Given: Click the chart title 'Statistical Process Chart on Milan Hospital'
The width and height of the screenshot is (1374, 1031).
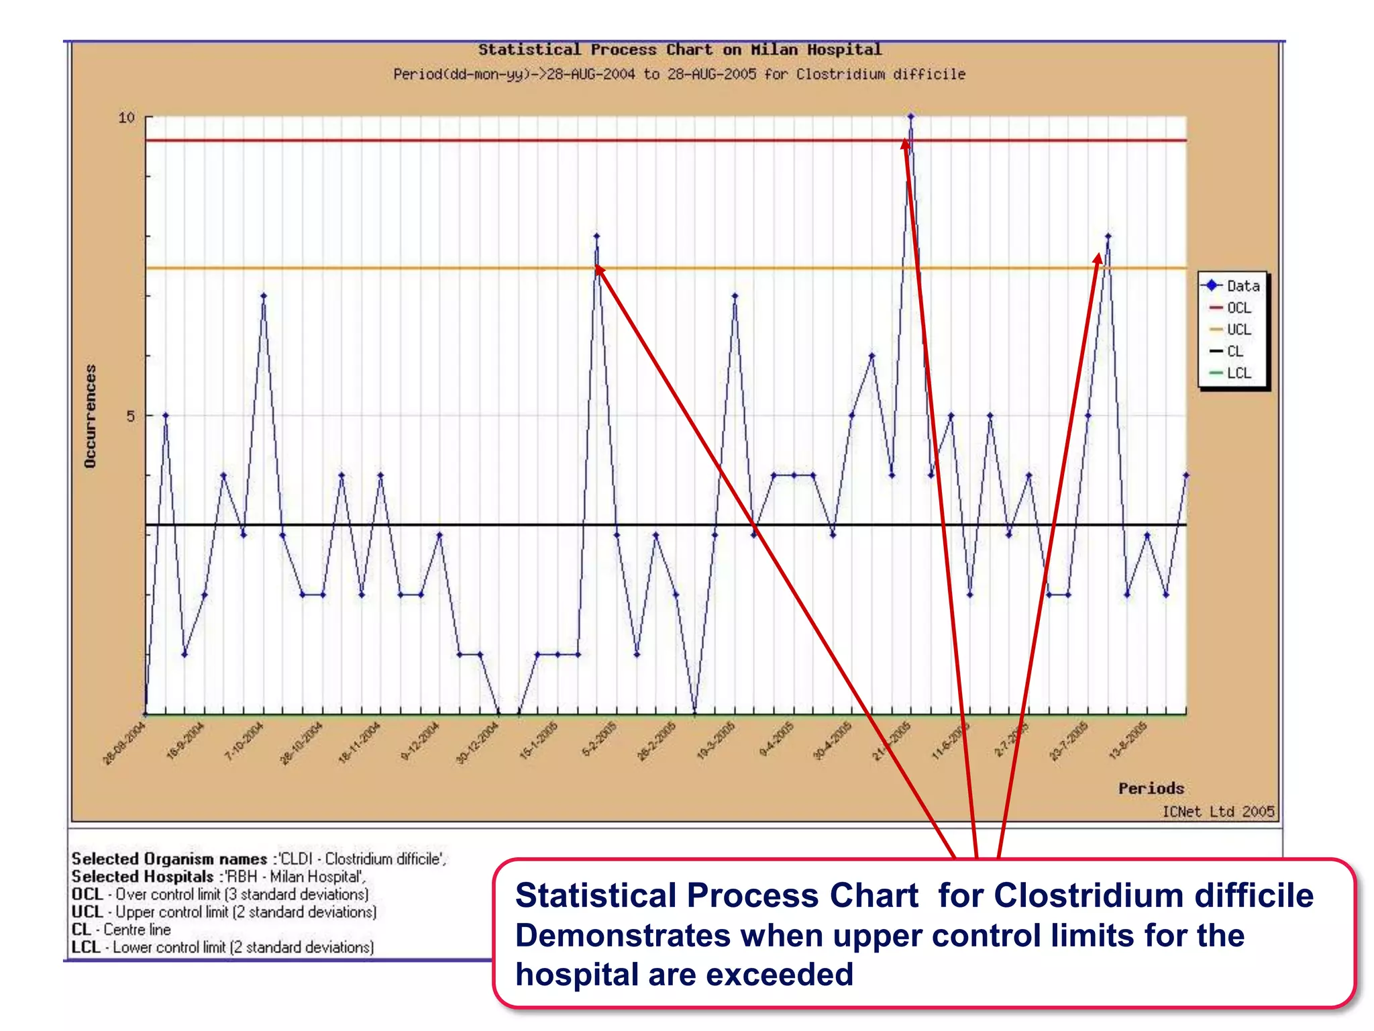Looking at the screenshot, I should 679,50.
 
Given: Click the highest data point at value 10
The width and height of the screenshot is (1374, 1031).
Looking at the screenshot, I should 910,117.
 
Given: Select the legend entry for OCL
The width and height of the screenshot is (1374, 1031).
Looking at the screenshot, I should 1238,307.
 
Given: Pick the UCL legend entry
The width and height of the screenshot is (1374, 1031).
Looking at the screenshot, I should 1238,330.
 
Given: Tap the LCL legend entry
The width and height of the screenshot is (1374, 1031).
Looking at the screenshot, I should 1238,373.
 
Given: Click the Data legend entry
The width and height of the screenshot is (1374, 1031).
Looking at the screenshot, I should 1242,286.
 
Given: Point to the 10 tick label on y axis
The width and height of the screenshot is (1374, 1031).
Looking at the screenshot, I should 126,118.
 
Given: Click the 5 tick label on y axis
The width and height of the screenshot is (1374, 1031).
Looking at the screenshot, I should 130,417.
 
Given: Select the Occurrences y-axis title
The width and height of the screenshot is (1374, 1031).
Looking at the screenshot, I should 91,416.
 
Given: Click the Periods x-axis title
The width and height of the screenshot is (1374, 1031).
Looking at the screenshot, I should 1151,788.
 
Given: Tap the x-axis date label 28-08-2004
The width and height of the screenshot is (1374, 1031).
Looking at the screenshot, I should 125,743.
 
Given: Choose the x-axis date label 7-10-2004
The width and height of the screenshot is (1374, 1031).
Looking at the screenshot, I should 244,742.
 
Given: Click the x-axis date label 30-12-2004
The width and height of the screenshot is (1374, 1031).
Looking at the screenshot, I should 478,743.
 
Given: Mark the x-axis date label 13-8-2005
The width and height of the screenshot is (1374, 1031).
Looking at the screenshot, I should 1128,741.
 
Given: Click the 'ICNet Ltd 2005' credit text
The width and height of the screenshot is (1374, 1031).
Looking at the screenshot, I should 1218,812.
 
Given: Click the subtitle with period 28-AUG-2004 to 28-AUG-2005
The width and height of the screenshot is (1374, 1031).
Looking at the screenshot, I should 679,75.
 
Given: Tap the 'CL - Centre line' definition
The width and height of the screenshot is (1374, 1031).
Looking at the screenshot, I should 121,930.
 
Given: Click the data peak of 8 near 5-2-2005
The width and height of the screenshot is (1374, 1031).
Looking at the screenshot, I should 596,236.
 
